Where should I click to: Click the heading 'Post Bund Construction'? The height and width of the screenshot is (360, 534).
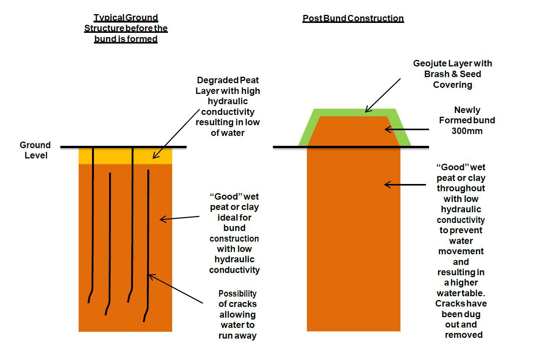353,18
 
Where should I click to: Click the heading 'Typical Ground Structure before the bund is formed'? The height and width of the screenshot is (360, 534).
126,28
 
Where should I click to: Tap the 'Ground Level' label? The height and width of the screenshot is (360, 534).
35,150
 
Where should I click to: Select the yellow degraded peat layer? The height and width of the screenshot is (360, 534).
115,156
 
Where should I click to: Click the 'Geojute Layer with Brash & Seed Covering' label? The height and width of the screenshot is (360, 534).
452,74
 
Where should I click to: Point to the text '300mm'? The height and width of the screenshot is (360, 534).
467,131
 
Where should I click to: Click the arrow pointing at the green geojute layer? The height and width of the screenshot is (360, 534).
382,95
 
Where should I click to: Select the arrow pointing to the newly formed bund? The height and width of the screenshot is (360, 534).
407,130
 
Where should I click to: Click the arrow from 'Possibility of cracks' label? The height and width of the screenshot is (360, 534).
176,289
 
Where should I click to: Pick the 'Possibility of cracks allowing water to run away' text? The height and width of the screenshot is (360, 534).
237,315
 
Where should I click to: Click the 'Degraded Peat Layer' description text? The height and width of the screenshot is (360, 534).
227,107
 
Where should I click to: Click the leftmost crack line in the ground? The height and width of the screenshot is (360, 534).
93,221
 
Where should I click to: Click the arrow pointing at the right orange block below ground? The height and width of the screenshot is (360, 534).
405,185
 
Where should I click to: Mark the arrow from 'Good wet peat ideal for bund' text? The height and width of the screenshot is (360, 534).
179,218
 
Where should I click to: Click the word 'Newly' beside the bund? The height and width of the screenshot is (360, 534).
467,110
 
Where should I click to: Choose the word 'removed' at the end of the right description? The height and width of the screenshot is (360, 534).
463,335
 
